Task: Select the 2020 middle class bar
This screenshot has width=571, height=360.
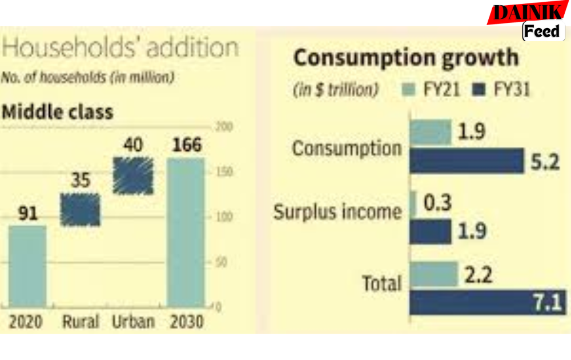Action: (27, 266)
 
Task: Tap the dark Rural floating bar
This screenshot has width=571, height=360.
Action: (81, 210)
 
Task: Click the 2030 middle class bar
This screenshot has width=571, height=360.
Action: (185, 233)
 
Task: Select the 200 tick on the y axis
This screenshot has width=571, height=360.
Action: (224, 127)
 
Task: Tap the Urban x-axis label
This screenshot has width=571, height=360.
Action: (133, 322)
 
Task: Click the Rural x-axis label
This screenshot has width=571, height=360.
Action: (81, 322)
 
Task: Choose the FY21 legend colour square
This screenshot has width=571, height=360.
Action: (408, 90)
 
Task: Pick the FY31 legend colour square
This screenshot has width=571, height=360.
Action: (479, 90)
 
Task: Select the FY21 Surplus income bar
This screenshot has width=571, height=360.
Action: (413, 203)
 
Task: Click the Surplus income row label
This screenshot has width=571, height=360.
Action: (338, 212)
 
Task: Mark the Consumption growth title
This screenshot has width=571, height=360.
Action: (405, 58)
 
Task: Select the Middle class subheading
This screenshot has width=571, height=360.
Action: (57, 112)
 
